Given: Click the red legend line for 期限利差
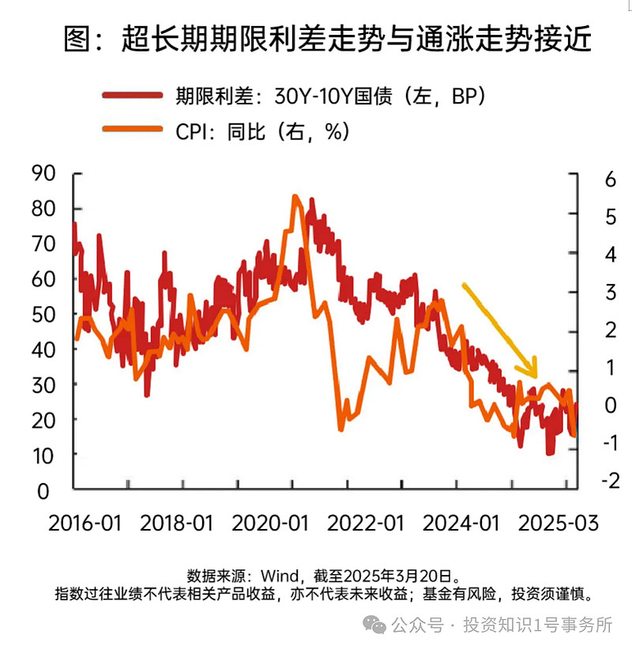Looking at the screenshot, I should [x=135, y=96].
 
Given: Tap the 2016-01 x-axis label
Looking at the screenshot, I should [x=85, y=523].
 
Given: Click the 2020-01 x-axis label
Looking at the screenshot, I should [x=271, y=523].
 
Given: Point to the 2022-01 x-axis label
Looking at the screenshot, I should [x=366, y=523].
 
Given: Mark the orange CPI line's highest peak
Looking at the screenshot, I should [x=295, y=197].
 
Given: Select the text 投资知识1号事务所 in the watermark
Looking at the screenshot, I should [x=537, y=625].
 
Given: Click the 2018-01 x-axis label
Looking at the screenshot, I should [x=178, y=523].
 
